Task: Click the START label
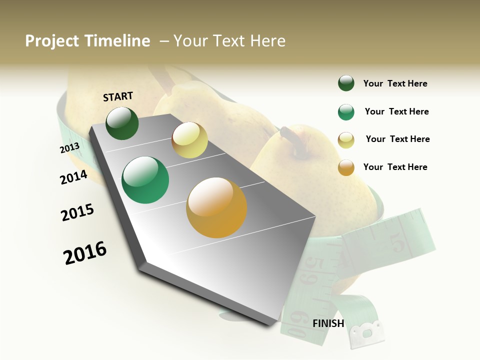click(x=118, y=96)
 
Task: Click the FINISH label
click(x=328, y=323)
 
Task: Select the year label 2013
click(x=69, y=148)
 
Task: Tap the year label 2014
click(x=73, y=177)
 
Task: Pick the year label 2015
click(x=77, y=212)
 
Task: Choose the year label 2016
click(x=85, y=253)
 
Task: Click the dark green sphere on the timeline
click(x=122, y=123)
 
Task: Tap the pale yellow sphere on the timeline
click(x=189, y=140)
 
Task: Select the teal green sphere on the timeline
click(x=145, y=180)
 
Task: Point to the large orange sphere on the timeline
click(x=216, y=208)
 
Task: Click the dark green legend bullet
click(x=346, y=83)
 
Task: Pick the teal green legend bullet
click(x=346, y=112)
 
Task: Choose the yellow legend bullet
click(x=346, y=140)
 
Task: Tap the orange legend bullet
click(x=346, y=167)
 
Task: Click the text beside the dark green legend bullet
click(x=395, y=83)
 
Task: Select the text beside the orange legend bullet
click(x=395, y=167)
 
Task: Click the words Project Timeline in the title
click(x=87, y=41)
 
